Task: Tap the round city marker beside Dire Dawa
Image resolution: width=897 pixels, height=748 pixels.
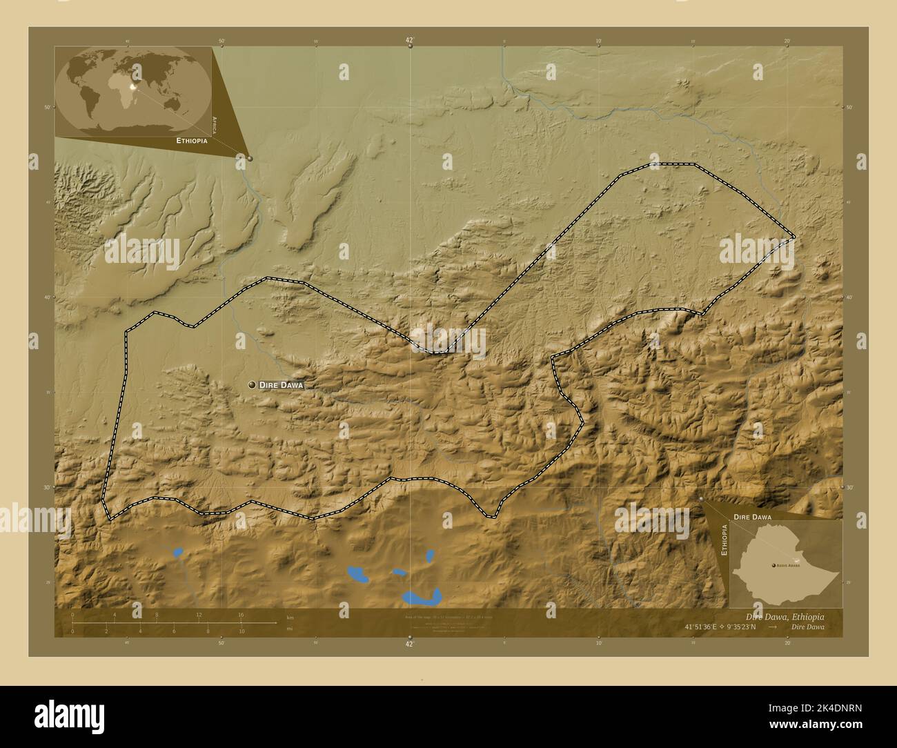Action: [252, 384]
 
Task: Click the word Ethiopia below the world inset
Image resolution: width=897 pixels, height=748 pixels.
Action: [192, 140]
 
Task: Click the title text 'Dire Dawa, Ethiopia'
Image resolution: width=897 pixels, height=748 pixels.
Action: [784, 616]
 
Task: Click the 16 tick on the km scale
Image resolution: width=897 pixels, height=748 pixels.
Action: [241, 615]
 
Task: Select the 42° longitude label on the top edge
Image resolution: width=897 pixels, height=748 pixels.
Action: [409, 41]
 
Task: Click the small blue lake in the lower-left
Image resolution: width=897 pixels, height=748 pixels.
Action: [178, 552]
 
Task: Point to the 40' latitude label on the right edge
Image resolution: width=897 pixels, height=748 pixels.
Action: [850, 297]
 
